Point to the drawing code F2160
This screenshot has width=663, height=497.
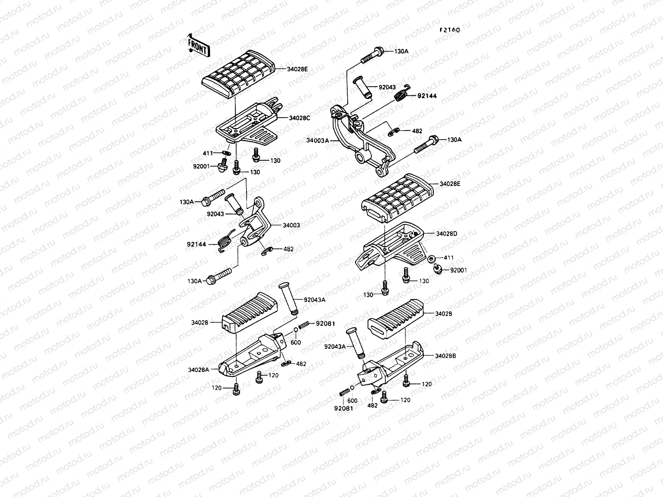coord(450,30)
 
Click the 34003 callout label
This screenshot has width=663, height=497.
coord(291,225)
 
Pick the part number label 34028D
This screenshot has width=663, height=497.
coord(446,234)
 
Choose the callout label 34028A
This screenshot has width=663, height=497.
coord(198,369)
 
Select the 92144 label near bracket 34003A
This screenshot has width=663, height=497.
coord(427,96)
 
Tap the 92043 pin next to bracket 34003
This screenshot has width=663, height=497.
coord(233,204)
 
